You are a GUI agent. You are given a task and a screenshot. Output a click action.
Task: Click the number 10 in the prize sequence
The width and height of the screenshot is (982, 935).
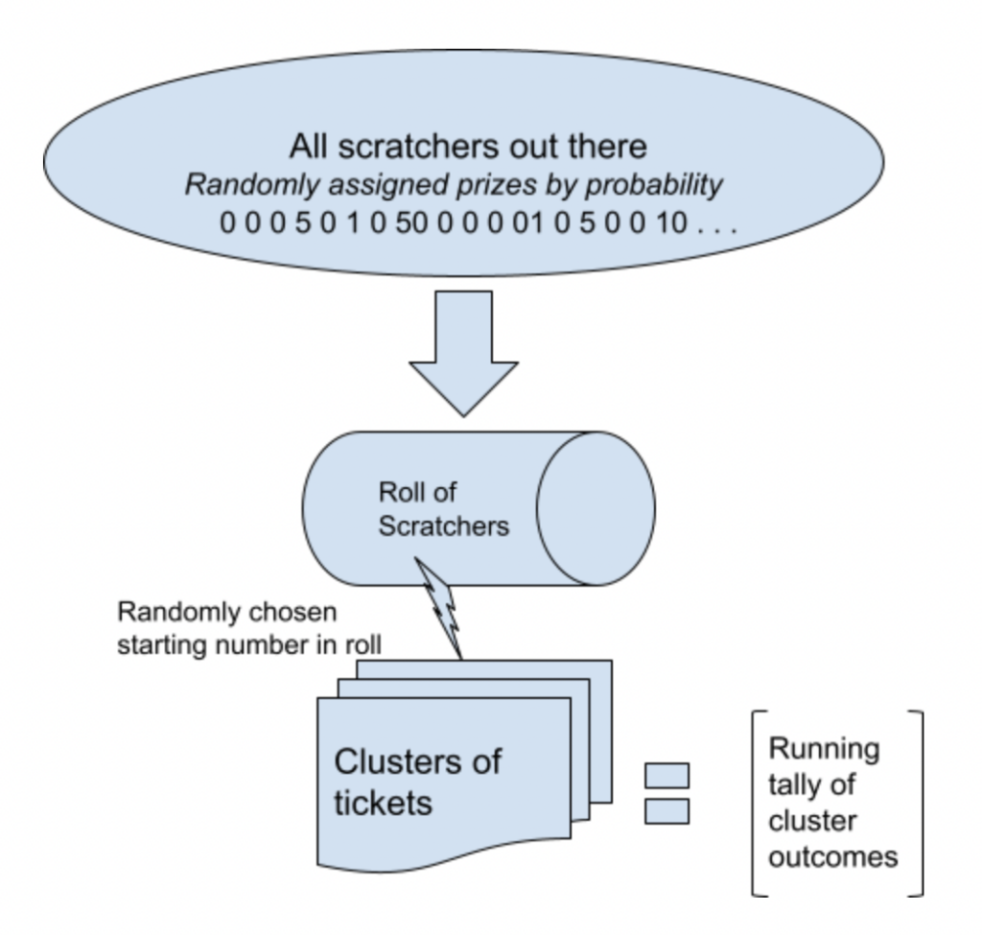pos(671,224)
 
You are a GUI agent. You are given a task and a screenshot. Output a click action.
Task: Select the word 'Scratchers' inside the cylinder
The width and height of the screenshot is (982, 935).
pos(443,526)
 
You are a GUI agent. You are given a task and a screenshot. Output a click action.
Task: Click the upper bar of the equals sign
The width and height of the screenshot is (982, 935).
pos(666,775)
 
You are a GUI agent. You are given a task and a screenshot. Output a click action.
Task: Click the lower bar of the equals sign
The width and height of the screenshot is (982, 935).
pos(666,811)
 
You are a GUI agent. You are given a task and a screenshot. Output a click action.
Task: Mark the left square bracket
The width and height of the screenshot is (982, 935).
pos(756,803)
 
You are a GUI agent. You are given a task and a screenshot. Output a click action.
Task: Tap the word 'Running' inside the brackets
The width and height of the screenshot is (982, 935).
pos(824,748)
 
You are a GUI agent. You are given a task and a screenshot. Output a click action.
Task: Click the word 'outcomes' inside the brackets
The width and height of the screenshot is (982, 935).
pos(832,855)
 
